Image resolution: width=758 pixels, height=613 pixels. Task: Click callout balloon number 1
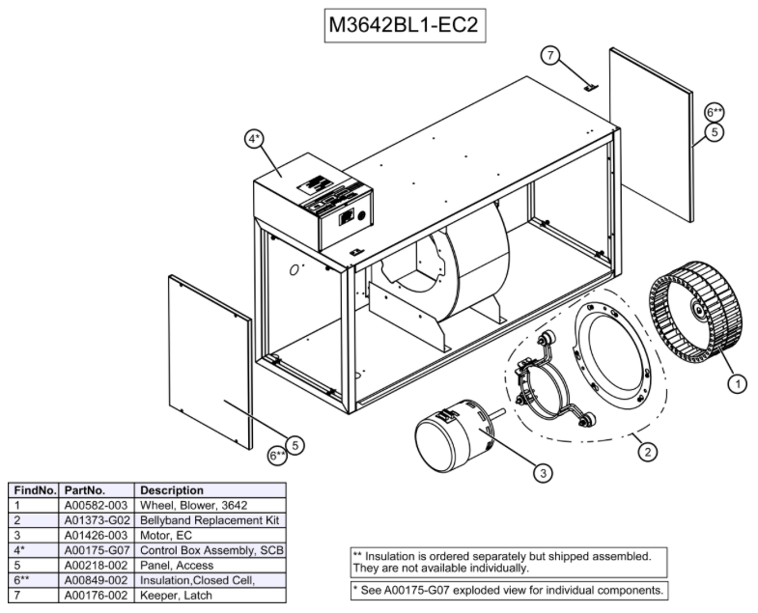click(736, 383)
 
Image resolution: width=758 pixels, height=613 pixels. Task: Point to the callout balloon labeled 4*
click(255, 139)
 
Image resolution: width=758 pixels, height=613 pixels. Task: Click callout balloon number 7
click(550, 55)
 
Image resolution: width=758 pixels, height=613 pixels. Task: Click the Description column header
click(172, 489)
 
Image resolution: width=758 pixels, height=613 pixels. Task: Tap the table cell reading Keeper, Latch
click(175, 596)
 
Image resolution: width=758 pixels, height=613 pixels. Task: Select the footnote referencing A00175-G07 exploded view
click(507, 589)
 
